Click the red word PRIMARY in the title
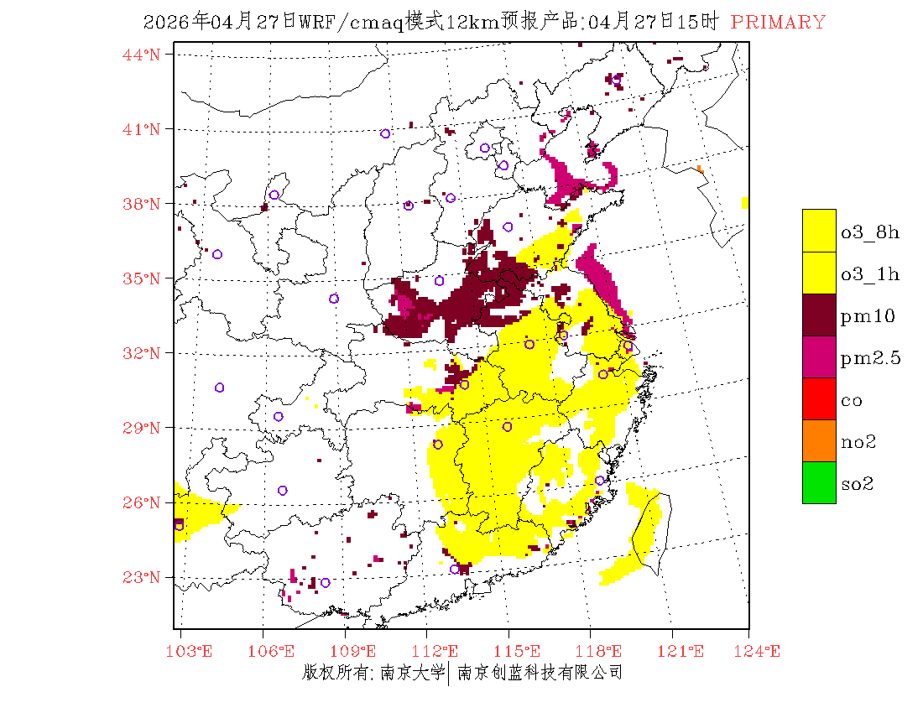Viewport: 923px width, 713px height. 778,23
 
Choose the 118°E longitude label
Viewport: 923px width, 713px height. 603,651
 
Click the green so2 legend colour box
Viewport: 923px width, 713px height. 819,483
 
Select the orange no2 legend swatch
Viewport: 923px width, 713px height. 819,441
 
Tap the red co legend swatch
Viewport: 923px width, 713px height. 819,399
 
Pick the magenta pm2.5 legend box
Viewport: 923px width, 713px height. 819,357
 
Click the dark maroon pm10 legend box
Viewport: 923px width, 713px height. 819,315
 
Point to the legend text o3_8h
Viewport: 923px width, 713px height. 870,232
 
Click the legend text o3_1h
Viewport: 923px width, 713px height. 870,274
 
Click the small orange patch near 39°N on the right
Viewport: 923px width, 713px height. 701,170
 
